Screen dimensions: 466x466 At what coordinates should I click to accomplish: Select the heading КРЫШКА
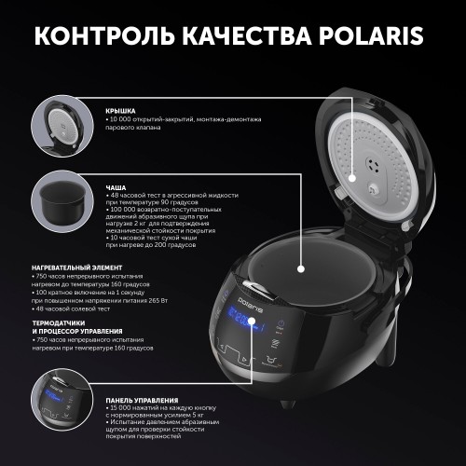tap(118, 109)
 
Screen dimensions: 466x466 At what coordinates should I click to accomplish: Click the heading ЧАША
tap(115, 186)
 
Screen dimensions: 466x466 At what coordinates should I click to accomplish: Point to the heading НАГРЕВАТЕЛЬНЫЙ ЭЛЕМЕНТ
tap(68, 266)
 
